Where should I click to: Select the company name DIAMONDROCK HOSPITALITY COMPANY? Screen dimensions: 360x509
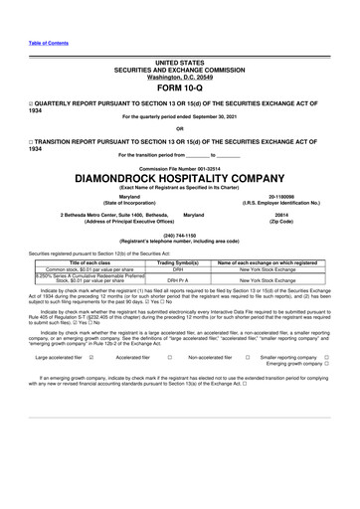pyautogui.click(x=179, y=178)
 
